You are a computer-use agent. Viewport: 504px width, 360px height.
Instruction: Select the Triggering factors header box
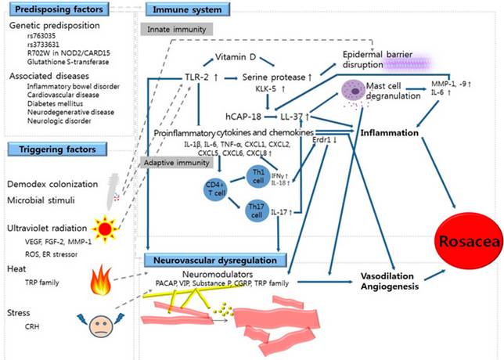click(x=52, y=148)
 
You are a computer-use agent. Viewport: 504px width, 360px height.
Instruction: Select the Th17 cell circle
click(x=256, y=211)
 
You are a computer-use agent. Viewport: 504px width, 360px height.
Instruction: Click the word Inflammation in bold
click(x=391, y=134)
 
